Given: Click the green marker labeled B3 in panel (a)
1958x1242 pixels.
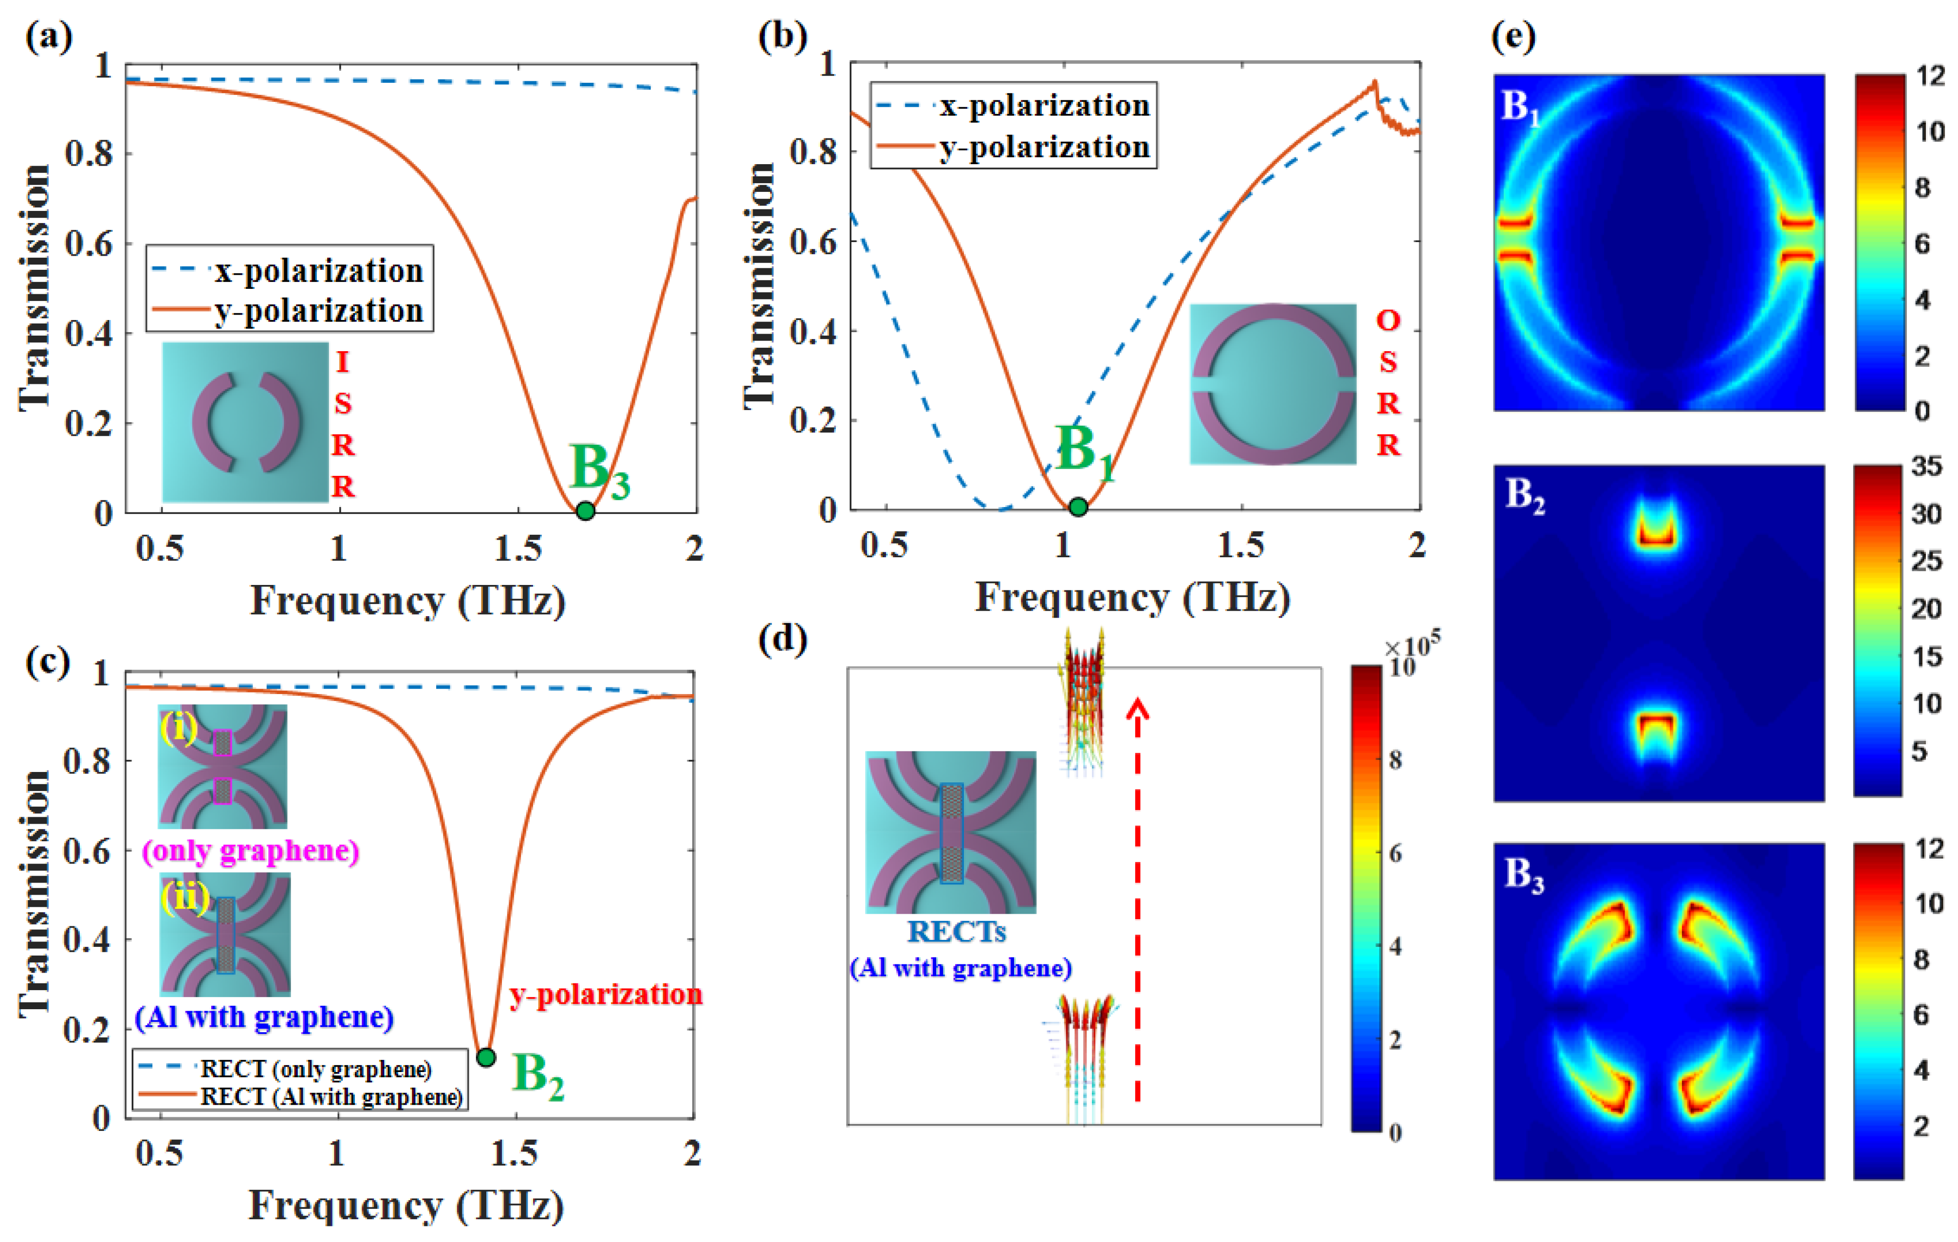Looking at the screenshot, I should (x=585, y=511).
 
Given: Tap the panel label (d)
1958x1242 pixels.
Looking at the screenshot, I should (x=781, y=640).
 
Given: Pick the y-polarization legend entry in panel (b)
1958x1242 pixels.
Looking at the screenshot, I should (x=1044, y=147).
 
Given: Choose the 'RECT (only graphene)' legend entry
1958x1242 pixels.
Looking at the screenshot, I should (x=315, y=1069).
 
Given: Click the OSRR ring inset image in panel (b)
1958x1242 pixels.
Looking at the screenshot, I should (x=1273, y=384).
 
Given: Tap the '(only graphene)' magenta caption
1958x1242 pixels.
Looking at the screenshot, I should (x=250, y=851).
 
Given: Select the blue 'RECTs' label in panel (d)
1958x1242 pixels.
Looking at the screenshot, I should (x=956, y=931).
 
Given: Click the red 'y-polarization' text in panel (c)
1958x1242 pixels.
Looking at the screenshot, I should (x=606, y=994).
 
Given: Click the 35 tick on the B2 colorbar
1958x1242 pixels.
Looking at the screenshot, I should (x=1925, y=467).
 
